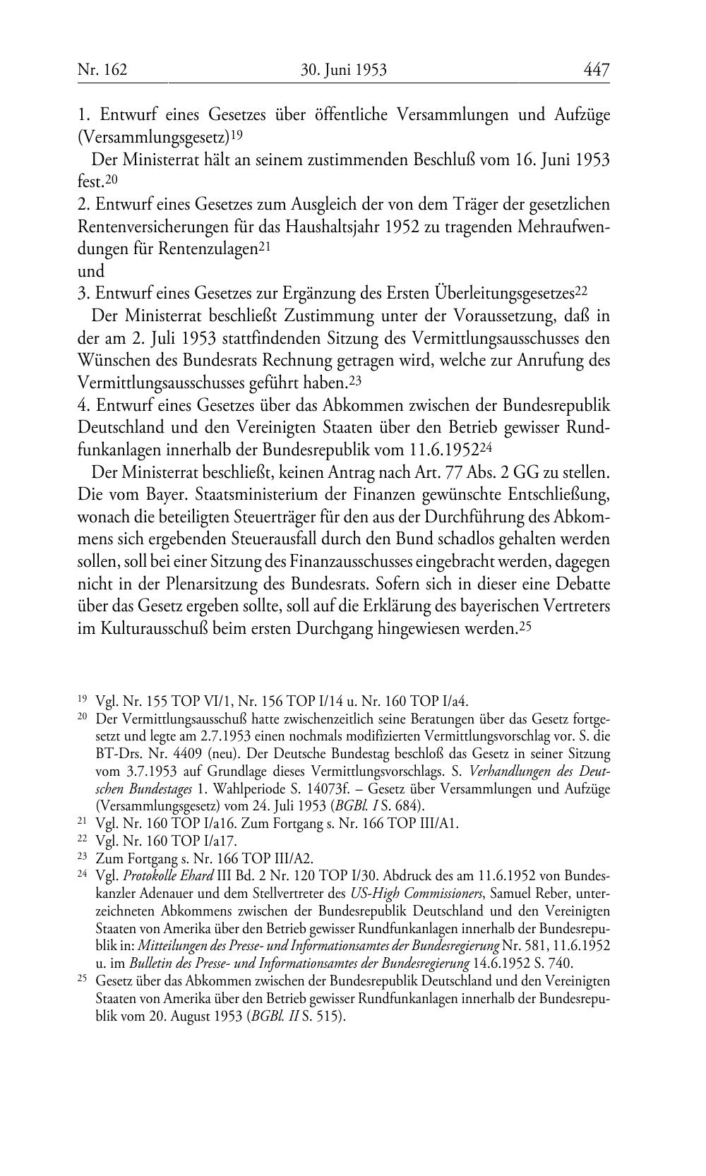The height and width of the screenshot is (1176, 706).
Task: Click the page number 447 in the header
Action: click(x=596, y=70)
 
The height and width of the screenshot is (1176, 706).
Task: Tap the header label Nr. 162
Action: click(x=102, y=70)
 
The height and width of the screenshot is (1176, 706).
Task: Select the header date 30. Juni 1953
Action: click(x=344, y=70)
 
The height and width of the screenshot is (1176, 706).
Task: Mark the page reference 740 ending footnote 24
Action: click(x=561, y=963)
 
